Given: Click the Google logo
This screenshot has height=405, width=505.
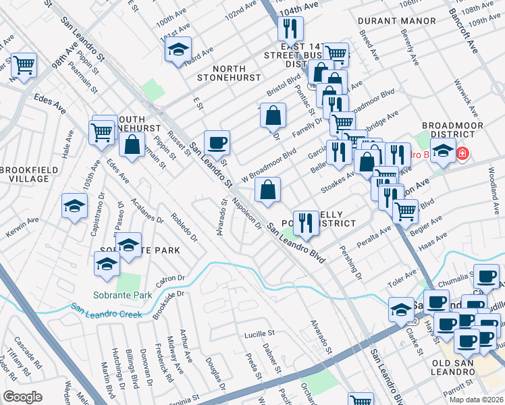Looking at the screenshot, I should [22, 397].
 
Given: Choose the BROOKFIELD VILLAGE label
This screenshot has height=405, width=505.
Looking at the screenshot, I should [25, 173].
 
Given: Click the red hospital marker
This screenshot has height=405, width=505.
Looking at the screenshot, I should [462, 155].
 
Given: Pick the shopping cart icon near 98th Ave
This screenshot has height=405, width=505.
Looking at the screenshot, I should [24, 65].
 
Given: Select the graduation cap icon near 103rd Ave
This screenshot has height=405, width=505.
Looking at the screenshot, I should [178, 51].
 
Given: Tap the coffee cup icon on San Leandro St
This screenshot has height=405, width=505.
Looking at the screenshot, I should [217, 142].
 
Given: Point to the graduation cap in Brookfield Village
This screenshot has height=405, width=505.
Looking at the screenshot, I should [74, 205].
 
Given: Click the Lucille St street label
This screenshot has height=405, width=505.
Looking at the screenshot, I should [260, 333].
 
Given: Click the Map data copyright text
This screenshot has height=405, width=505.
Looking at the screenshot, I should [476, 400].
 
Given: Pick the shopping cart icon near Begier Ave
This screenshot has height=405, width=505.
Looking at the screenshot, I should [405, 211].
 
